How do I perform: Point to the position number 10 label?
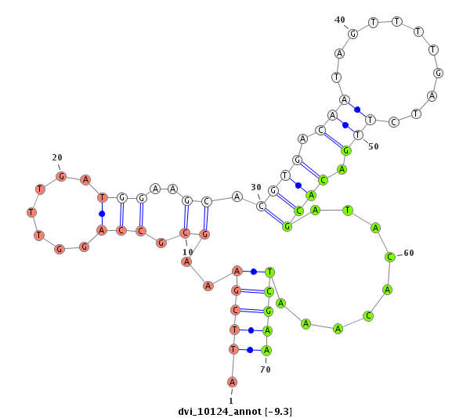tap(188, 252)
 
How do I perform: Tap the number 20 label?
tap(57, 157)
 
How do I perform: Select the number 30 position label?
tap(256, 187)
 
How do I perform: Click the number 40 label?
tap(340, 20)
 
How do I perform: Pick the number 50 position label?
tap(373, 146)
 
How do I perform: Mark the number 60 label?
tap(409, 253)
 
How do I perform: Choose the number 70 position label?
tap(266, 369)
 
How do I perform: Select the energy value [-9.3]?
tap(279, 411)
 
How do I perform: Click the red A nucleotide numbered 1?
tap(232, 381)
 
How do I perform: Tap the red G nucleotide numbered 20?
tap(62, 176)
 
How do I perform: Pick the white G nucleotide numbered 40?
tap(353, 34)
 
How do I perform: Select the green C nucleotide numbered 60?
tap(389, 257)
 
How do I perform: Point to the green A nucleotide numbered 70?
tap(266, 350)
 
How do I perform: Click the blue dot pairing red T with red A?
tap(102, 214)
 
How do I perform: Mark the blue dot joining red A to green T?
tap(253, 272)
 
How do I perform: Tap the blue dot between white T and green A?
tap(298, 186)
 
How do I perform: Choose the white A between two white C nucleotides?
tap(236, 196)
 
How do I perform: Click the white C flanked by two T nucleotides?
tap(395, 122)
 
